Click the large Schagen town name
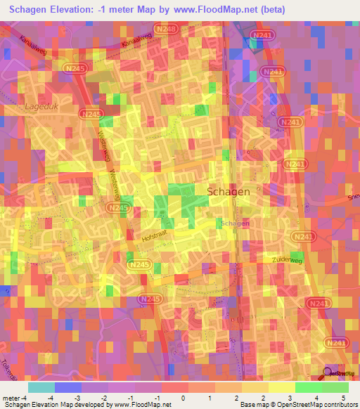(228, 190)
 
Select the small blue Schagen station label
(235, 223)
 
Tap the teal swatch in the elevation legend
(41, 387)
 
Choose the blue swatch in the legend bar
(67, 387)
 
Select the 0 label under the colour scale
(184, 398)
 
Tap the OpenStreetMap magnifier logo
(328, 374)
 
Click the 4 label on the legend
(318, 398)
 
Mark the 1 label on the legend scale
(210, 398)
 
